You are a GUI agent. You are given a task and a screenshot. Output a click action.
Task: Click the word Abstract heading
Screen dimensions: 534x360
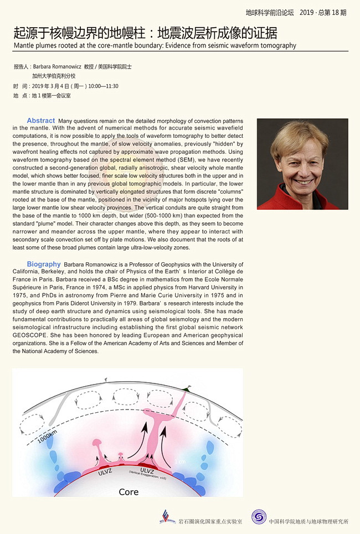41,121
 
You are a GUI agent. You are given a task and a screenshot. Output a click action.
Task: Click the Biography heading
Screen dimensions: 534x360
44,265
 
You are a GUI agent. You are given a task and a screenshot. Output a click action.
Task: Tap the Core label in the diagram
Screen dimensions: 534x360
128,491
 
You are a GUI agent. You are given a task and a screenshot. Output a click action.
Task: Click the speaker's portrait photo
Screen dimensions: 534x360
302,163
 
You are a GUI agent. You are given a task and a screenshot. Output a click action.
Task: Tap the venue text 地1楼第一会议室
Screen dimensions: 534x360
52,96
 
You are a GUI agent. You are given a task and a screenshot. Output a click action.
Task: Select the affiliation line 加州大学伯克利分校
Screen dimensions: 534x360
53,76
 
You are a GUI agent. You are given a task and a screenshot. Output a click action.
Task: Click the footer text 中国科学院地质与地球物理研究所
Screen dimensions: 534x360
308,521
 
